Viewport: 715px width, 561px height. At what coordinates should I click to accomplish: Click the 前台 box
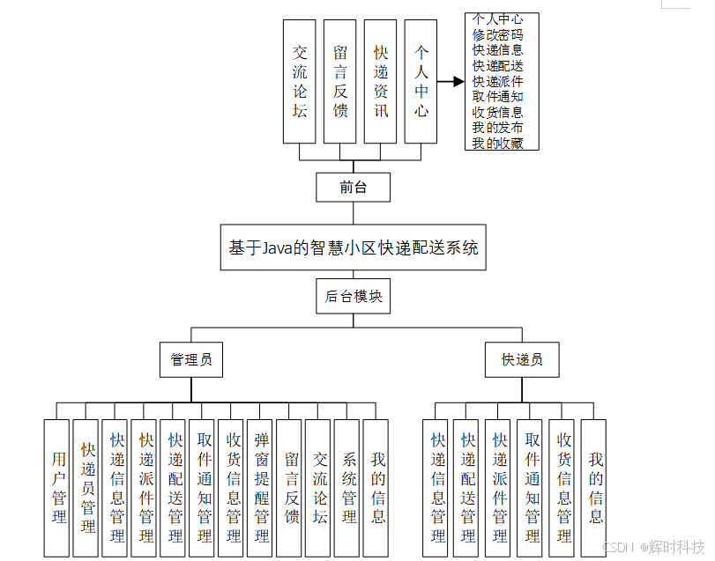(353, 187)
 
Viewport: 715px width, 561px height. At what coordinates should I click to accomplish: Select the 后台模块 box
(353, 297)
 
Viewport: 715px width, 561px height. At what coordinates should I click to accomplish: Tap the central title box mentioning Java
(353, 247)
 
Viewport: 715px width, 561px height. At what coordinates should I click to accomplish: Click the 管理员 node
(191, 359)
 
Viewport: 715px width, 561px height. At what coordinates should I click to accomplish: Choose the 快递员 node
(522, 359)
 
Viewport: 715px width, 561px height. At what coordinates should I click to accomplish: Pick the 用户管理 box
(57, 487)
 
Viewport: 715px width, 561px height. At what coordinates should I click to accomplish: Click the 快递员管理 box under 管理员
(86, 487)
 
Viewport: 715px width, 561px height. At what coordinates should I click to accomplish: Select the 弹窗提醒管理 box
(260, 487)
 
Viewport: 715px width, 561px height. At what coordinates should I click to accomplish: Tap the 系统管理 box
(347, 487)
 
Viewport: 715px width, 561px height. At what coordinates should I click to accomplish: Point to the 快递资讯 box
(380, 82)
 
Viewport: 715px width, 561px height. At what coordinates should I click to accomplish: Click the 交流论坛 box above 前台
(299, 82)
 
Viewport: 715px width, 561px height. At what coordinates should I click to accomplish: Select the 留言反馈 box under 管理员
(289, 487)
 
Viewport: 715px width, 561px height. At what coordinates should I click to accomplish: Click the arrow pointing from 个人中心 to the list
(451, 82)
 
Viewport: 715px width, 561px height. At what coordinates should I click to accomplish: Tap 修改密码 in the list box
(497, 35)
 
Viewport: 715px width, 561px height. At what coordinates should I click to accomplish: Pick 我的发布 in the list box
(497, 128)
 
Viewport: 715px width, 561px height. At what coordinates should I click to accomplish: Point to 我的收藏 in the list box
(497, 143)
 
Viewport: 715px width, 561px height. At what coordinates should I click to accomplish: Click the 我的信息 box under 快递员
(594, 487)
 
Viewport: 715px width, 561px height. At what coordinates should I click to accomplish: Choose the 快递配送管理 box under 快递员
(467, 487)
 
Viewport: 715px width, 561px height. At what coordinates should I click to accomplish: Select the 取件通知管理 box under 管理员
(203, 487)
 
